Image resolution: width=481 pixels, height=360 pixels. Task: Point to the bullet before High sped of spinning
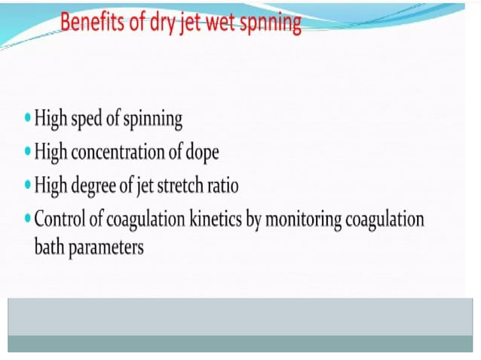point(28,118)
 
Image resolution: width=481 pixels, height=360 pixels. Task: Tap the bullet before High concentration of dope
point(28,152)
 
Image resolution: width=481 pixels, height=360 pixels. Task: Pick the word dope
point(202,153)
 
